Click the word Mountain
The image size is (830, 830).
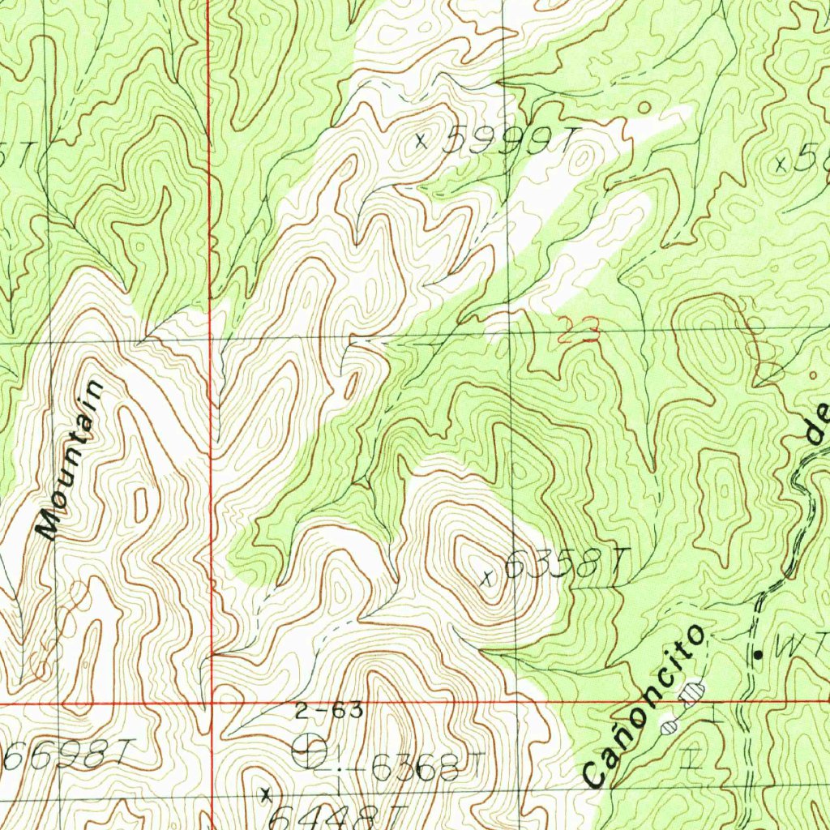click(72, 460)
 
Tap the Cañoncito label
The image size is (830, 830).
click(644, 705)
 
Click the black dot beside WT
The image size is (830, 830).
click(759, 653)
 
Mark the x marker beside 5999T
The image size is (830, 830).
click(420, 141)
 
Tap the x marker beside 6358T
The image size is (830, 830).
click(487, 578)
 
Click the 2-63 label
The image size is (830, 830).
click(328, 712)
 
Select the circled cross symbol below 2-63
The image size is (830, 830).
click(310, 753)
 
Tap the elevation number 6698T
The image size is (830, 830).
click(66, 756)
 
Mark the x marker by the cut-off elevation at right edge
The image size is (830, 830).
click(781, 164)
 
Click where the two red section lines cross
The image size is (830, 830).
click(210, 703)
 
